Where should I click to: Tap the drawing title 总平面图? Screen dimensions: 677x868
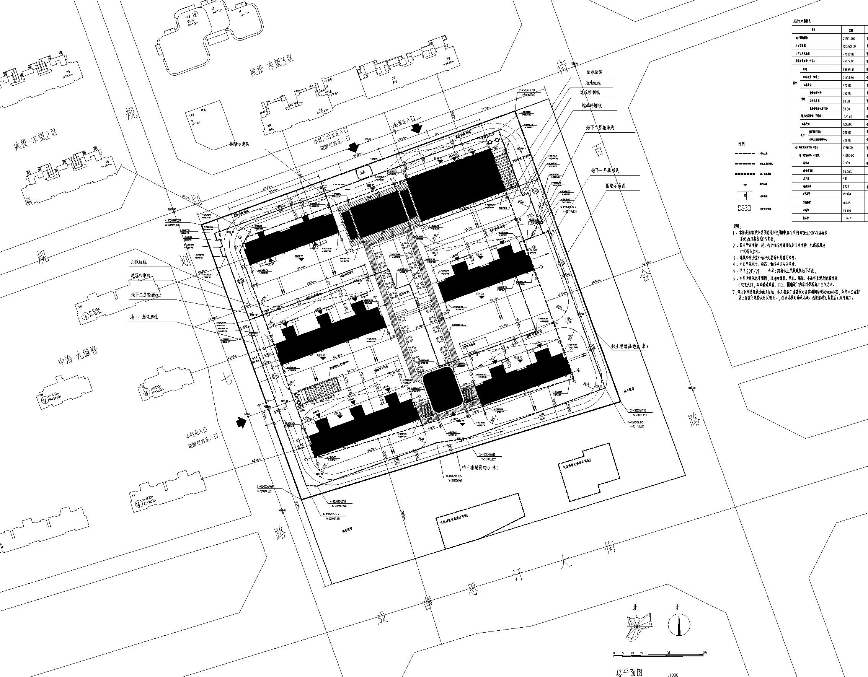coord(629,672)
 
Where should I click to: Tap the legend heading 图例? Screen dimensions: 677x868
coord(741,144)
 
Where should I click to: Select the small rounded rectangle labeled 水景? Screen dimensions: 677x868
coord(362,173)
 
